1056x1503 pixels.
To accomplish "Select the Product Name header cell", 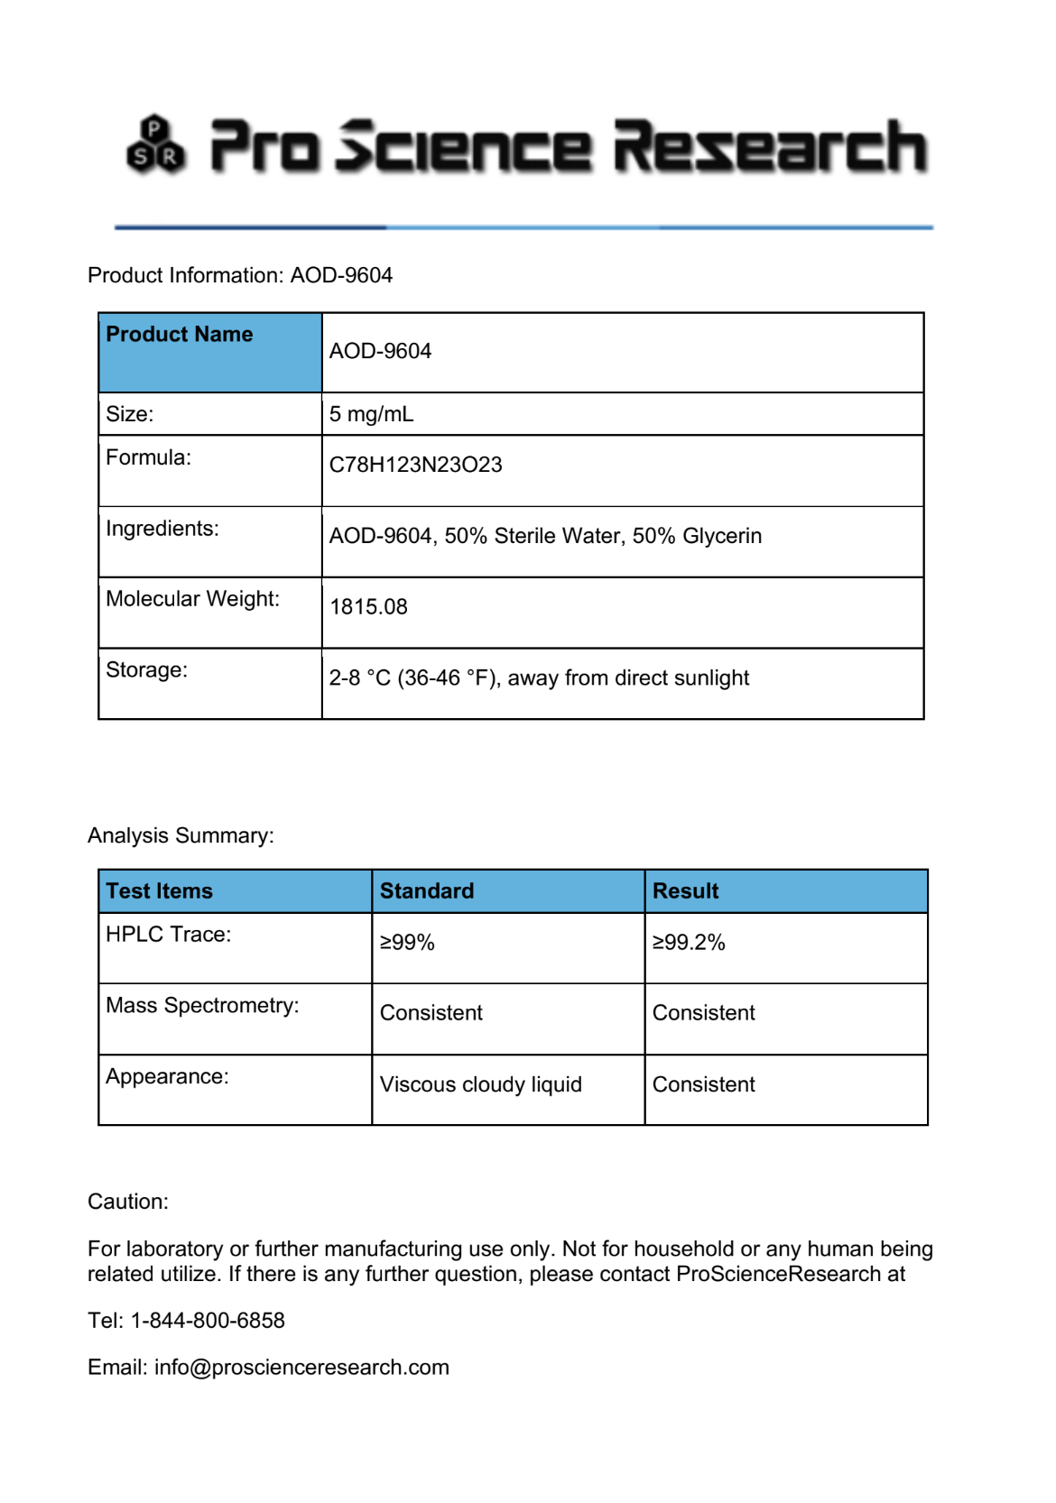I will tap(180, 335).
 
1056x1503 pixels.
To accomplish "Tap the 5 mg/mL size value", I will tap(371, 414).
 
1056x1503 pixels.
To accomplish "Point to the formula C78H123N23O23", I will tap(415, 465).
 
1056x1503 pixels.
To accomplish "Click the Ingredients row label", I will tap(162, 529).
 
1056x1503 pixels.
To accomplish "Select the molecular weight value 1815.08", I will tap(368, 606).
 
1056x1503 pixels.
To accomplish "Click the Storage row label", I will tap(146, 670).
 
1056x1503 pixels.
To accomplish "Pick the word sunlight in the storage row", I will tap(710, 678).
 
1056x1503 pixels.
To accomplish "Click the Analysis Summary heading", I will tap(181, 835).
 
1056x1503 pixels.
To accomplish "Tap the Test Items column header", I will tap(159, 891).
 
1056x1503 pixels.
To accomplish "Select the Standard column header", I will tap(426, 891).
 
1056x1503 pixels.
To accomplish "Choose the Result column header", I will tap(685, 891).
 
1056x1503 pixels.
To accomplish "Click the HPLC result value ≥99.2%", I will tap(689, 943).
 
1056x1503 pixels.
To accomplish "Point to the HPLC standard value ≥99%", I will tap(407, 943).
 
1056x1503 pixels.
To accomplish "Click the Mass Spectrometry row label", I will tap(202, 1006).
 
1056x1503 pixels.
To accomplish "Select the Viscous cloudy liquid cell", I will tap(480, 1084).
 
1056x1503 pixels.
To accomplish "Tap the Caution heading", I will tap(128, 1202).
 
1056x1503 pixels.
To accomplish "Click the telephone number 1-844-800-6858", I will tap(208, 1321).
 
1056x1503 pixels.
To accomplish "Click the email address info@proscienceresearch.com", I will tap(301, 1368).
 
